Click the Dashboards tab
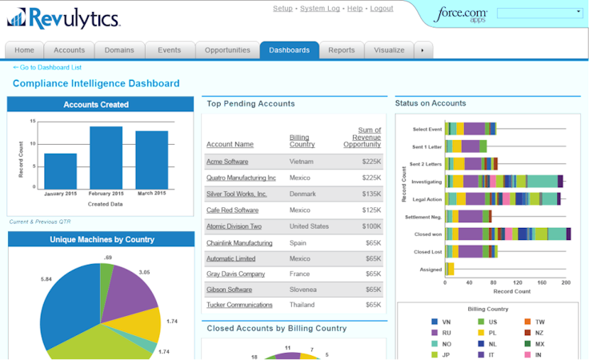(x=289, y=50)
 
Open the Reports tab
(x=341, y=50)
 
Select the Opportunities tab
(x=227, y=50)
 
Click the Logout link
(x=382, y=9)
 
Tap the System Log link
(x=320, y=9)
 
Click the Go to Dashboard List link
(x=47, y=67)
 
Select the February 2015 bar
(x=106, y=157)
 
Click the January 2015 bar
(x=60, y=170)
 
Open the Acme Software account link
(x=227, y=162)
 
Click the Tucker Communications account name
(x=239, y=305)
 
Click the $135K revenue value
(x=371, y=194)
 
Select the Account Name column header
(x=230, y=144)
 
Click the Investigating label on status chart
(x=426, y=182)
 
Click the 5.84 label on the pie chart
(x=46, y=278)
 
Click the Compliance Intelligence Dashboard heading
(x=96, y=83)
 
